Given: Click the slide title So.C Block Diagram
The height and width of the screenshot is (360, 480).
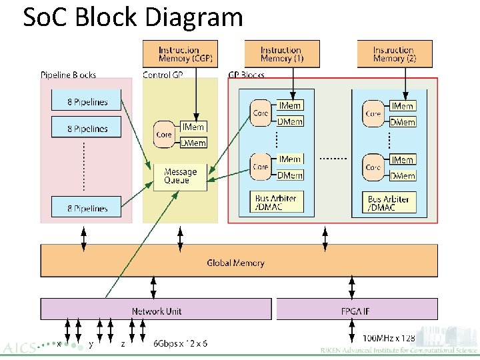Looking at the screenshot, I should [133, 17].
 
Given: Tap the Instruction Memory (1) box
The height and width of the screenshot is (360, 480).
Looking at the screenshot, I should [281, 54].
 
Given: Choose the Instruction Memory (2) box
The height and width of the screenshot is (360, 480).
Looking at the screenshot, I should [394, 54].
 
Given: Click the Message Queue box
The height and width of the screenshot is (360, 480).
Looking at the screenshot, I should [180, 176].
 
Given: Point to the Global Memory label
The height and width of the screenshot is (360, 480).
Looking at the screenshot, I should [235, 263].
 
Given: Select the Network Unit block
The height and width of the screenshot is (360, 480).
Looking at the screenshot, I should [157, 311].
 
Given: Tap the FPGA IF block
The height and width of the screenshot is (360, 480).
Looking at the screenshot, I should [356, 311].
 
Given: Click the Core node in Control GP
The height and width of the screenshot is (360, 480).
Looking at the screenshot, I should [164, 134].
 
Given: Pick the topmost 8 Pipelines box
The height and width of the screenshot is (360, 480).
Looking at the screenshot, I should [87, 102].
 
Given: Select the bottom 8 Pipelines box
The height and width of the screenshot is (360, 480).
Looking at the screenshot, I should [87, 209].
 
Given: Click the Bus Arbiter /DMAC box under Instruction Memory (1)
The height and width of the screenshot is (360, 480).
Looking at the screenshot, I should [275, 202].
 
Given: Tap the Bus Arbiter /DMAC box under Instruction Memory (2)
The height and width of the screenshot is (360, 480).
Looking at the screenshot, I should [390, 203].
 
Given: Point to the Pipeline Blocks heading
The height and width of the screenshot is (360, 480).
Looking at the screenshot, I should [69, 75].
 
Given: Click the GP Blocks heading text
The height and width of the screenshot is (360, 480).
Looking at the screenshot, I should [247, 75].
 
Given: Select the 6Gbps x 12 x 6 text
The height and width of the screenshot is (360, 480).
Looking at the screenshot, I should [180, 343].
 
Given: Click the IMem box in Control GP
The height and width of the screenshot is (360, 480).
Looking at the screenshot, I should [193, 127].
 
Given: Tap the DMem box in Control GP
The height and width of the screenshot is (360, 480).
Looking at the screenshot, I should [193, 142].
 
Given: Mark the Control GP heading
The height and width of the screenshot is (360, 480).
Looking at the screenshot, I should [163, 75].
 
